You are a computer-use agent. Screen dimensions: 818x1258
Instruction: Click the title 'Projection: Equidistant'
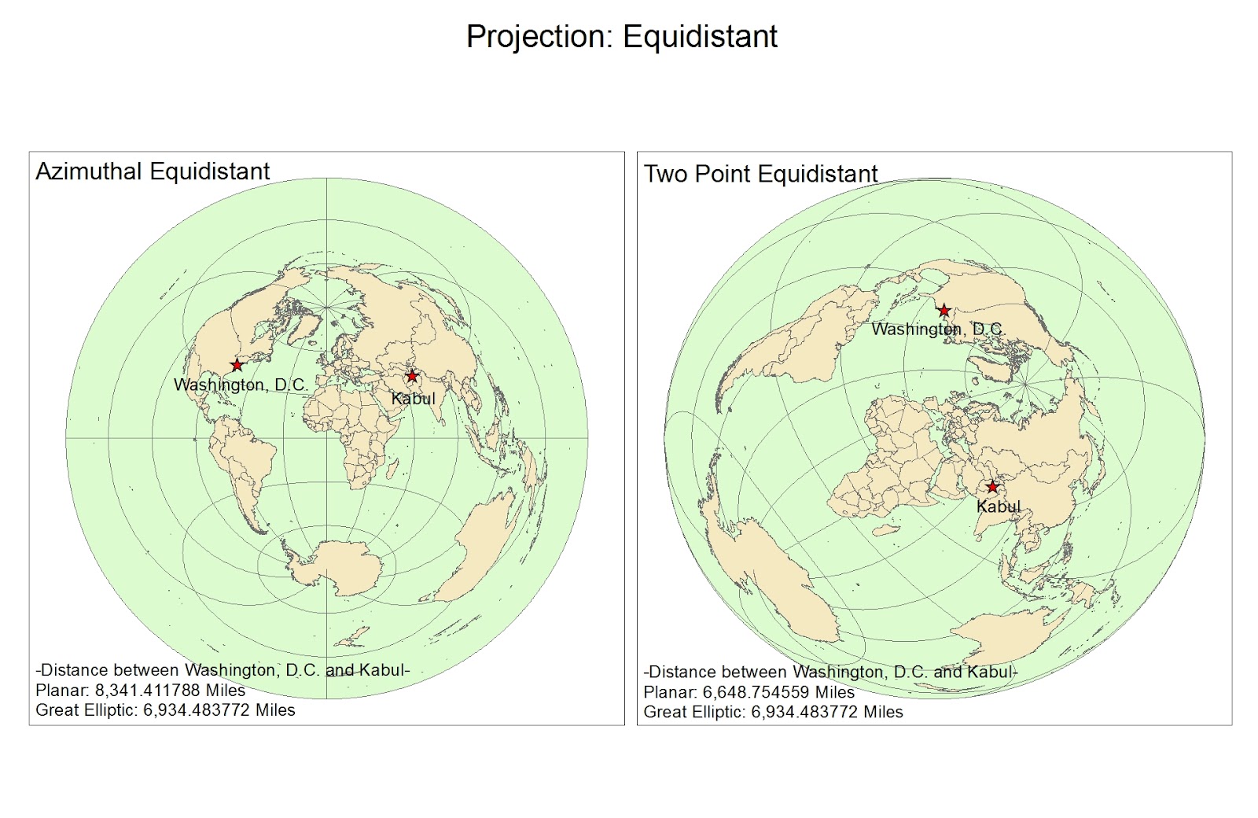coord(621,37)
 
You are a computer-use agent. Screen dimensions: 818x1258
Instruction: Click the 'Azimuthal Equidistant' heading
coord(153,171)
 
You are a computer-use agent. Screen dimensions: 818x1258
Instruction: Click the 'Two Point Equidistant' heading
coord(760,174)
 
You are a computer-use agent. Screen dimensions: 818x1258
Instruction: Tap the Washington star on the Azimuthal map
coord(237,366)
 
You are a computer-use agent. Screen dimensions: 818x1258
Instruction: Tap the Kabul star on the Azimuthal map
coord(412,376)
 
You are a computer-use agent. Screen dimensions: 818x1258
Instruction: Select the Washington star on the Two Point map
coord(944,311)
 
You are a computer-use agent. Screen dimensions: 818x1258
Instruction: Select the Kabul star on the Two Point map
coord(992,487)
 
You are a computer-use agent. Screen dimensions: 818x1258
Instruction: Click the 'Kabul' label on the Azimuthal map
coord(414,399)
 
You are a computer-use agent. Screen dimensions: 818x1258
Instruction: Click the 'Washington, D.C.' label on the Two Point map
coord(937,330)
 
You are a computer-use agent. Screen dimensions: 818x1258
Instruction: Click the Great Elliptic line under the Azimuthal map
coord(165,710)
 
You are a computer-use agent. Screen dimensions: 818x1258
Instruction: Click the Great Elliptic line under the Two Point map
coord(773,712)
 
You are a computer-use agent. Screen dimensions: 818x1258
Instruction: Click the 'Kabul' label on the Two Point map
coord(999,507)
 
